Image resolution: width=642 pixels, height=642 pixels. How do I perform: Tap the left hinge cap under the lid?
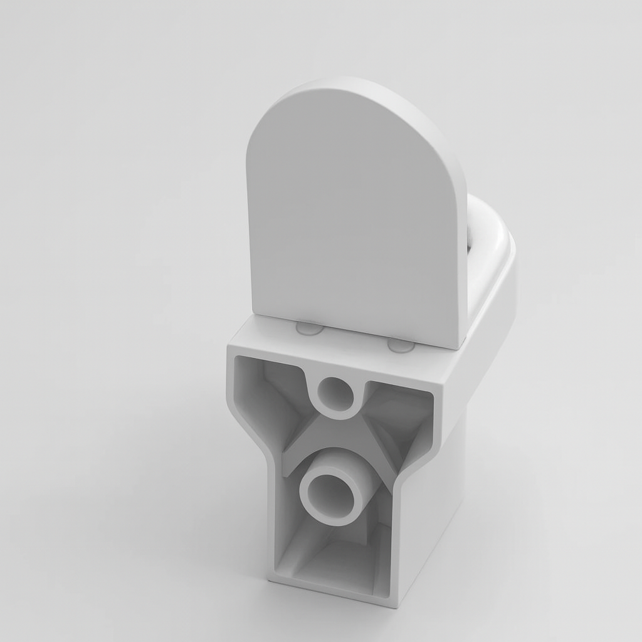tap(309, 328)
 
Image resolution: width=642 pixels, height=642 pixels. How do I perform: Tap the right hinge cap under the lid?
tap(400, 345)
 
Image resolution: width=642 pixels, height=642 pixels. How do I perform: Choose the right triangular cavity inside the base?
tap(401, 420)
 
